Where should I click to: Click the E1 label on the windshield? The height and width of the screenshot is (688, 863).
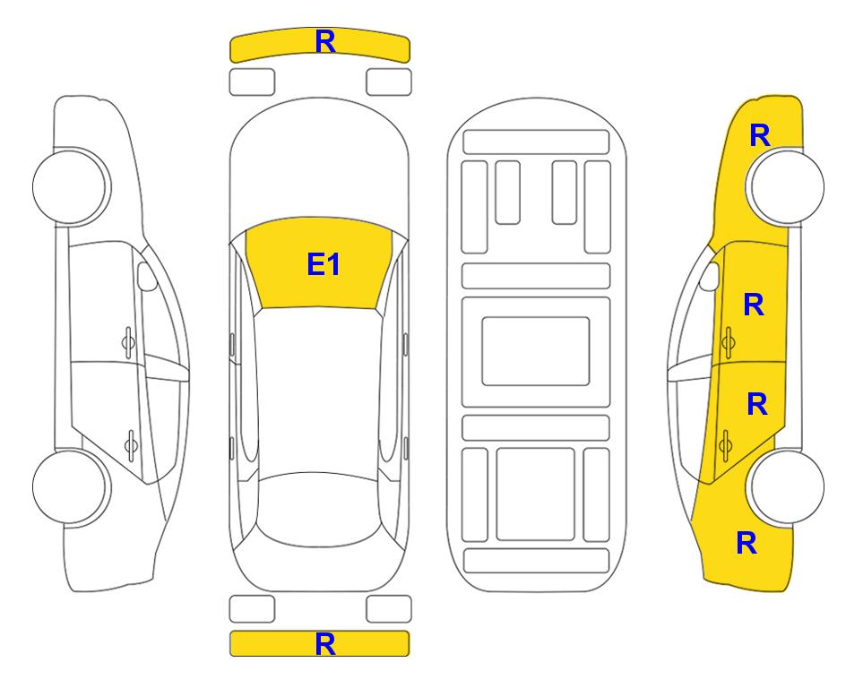[x=324, y=264]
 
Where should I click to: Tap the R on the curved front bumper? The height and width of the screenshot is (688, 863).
[x=325, y=42]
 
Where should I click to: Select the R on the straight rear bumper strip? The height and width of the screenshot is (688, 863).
[x=325, y=644]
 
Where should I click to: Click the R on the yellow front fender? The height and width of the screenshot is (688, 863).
[x=760, y=135]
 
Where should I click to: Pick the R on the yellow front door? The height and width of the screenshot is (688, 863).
[x=754, y=305]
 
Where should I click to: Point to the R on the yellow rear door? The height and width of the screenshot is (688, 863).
[x=757, y=405]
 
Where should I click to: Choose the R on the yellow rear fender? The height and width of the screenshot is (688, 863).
[x=746, y=543]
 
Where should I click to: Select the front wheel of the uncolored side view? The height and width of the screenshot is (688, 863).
[x=70, y=186]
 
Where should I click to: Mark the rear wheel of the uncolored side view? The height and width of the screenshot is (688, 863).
[x=70, y=486]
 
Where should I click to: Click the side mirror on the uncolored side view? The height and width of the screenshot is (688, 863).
[x=146, y=277]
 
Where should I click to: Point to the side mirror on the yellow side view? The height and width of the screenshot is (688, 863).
[x=710, y=277]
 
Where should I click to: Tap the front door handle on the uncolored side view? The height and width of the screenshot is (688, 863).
[x=128, y=343]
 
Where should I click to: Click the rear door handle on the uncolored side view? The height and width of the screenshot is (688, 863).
[x=131, y=445]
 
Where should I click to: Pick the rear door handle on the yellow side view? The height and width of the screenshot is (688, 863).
[x=725, y=445]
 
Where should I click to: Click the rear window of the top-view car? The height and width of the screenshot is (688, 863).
[x=319, y=509]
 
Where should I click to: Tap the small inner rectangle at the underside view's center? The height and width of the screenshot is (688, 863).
[x=536, y=351]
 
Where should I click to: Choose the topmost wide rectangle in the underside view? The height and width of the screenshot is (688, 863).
[x=536, y=142]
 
